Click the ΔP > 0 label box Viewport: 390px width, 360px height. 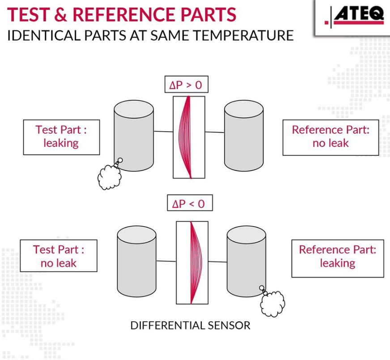tap(187, 84)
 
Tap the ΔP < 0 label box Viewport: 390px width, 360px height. tap(190, 203)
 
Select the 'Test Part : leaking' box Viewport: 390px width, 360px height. tap(61, 137)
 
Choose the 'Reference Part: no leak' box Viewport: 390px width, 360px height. tap(331, 137)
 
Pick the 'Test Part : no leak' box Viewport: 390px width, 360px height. tap(59, 256)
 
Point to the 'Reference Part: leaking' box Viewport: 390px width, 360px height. tap(338, 258)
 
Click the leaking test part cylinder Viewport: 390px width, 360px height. tap(134, 136)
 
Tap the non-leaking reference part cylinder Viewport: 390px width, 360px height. tap(244, 136)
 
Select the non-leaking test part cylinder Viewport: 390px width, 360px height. tap(136, 261)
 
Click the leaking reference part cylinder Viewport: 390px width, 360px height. tap(246, 261)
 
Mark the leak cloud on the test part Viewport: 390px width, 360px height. tap(110, 177)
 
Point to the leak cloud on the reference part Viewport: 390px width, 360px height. tap(273, 304)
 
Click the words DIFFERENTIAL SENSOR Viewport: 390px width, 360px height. tap(190, 326)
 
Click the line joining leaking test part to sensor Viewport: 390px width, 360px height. tap(163, 131)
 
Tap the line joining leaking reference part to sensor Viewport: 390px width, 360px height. tap(218, 261)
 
